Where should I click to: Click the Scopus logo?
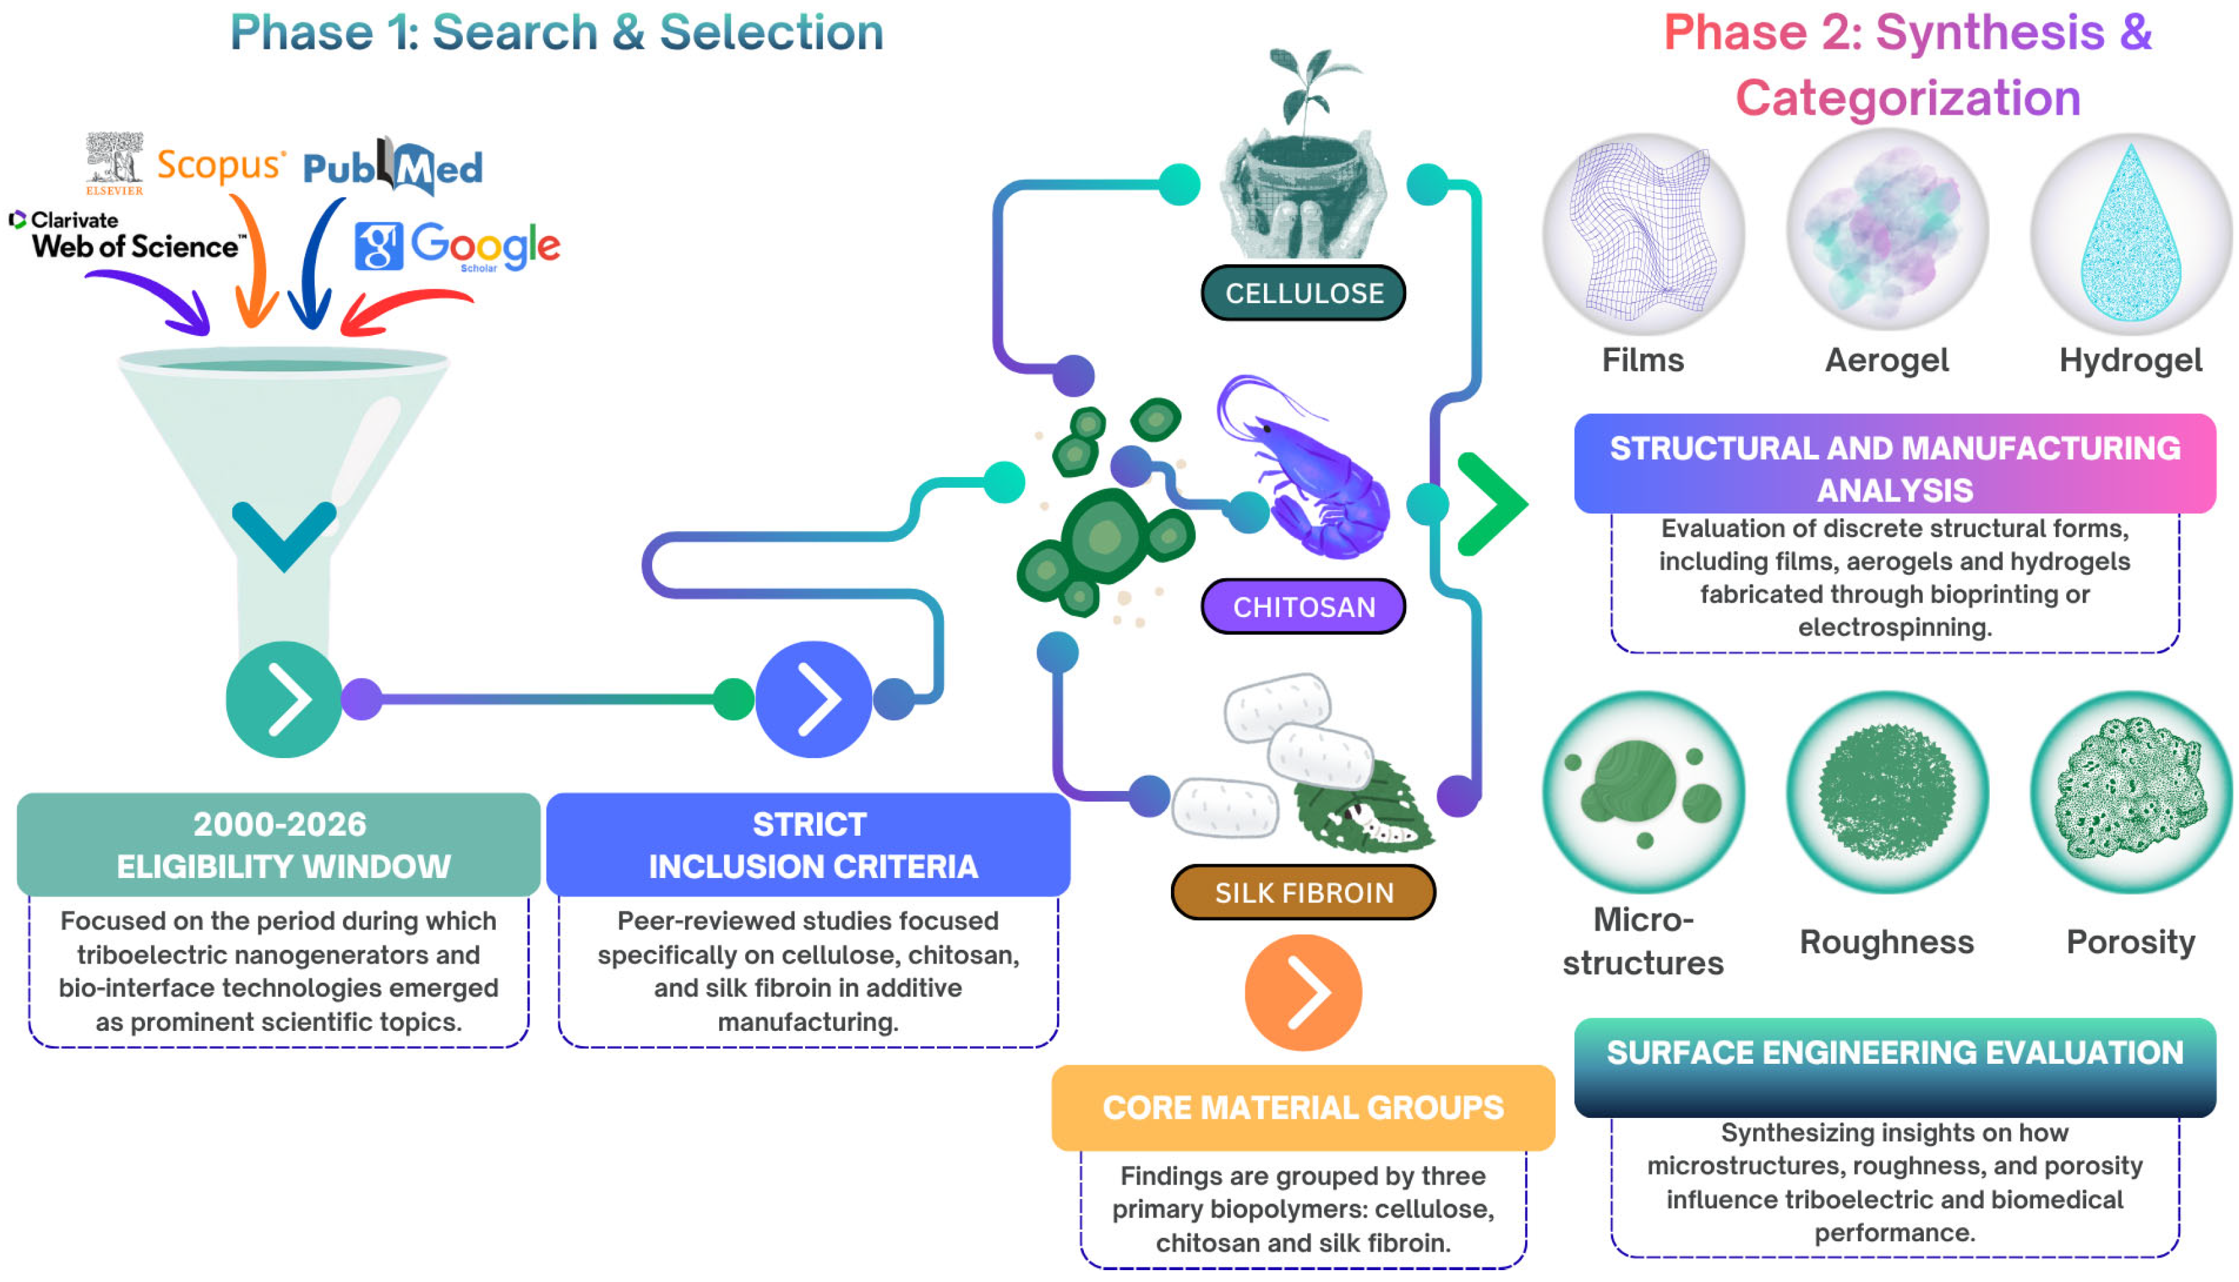[x=221, y=165]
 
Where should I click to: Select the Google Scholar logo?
[x=457, y=246]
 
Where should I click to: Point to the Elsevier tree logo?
[x=115, y=163]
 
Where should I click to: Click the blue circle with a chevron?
[x=814, y=699]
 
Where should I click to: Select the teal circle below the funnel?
[x=284, y=699]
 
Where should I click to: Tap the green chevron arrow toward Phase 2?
[x=1493, y=504]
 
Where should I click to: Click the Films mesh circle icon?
[x=1643, y=233]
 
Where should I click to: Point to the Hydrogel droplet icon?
[x=2131, y=233]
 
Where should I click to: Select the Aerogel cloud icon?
[x=1887, y=233]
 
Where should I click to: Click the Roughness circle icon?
[x=1887, y=792]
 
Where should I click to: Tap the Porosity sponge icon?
[x=2131, y=792]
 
